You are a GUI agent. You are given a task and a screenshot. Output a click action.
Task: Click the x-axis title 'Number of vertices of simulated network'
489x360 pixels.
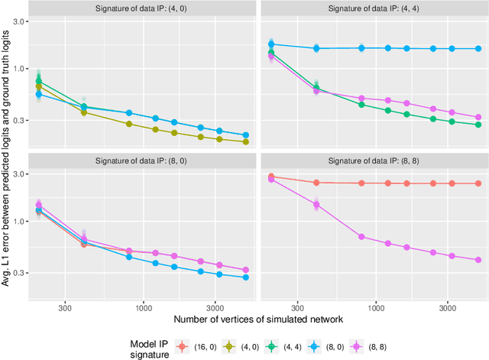click(257, 317)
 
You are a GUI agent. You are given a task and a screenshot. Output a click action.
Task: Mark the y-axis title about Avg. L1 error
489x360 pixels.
click(8, 153)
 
